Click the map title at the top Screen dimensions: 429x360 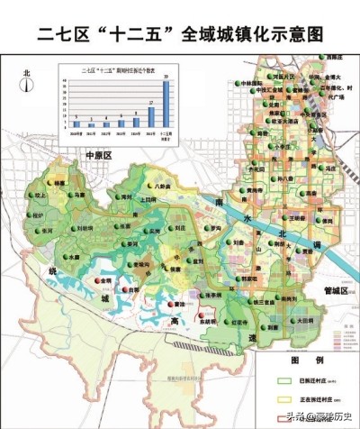(180, 36)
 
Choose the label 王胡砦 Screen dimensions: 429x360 (299, 217)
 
